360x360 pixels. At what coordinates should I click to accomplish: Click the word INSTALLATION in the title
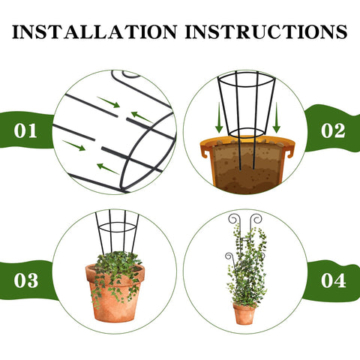(94, 31)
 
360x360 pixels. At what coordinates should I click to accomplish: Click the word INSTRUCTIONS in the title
(266, 31)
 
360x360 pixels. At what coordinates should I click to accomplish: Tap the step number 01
(25, 130)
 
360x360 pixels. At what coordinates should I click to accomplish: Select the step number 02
(333, 130)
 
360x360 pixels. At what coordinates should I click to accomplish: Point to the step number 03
(26, 280)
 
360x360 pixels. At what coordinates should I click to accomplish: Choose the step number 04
(334, 280)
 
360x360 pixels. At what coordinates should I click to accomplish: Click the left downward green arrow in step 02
(219, 118)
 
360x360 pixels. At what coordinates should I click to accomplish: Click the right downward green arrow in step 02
(277, 118)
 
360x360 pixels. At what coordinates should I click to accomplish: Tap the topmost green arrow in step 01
(109, 102)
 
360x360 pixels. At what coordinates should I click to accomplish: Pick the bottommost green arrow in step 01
(108, 169)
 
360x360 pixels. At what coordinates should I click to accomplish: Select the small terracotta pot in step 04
(244, 313)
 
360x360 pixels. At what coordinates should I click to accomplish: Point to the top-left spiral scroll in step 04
(233, 219)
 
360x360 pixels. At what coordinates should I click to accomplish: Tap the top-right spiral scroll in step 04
(256, 219)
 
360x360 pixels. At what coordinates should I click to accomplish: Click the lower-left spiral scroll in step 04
(229, 256)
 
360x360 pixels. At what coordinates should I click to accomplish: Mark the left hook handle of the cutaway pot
(205, 152)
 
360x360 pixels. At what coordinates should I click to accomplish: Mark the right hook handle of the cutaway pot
(289, 152)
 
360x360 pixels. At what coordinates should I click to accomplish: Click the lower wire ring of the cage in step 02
(247, 137)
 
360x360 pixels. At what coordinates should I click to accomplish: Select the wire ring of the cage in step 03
(117, 232)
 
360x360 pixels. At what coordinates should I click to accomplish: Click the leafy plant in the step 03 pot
(116, 270)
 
